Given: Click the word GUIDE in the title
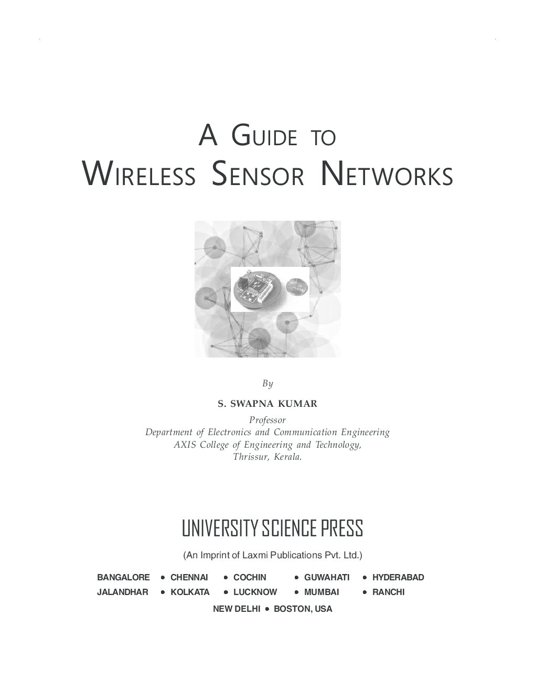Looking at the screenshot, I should coord(264,136).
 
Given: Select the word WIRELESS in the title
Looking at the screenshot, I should coord(140,175).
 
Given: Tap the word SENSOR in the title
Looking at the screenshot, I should coord(258,175).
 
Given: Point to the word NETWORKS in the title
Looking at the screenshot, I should coord(387,175).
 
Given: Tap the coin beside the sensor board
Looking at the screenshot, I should coord(296,287).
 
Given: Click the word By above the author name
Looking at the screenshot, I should coord(267,384).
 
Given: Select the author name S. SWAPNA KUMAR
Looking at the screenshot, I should coord(267,404).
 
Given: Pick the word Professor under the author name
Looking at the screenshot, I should coord(267,420).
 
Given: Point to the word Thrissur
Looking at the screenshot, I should coord(250,457).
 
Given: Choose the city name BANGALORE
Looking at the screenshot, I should coord(123,577).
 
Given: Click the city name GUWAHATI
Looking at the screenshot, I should coord(326,577).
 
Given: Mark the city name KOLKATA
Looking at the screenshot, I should coord(190,592).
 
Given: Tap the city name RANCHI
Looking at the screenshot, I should coord(388,592).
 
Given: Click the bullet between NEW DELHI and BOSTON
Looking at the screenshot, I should coord(267,609).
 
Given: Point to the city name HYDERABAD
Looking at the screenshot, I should coord(398,577).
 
